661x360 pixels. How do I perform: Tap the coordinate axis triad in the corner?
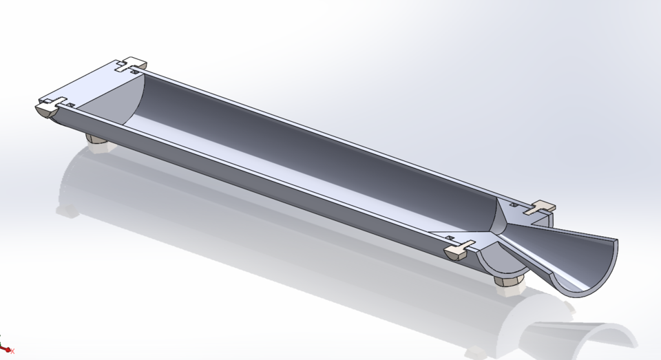point(6,348)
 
